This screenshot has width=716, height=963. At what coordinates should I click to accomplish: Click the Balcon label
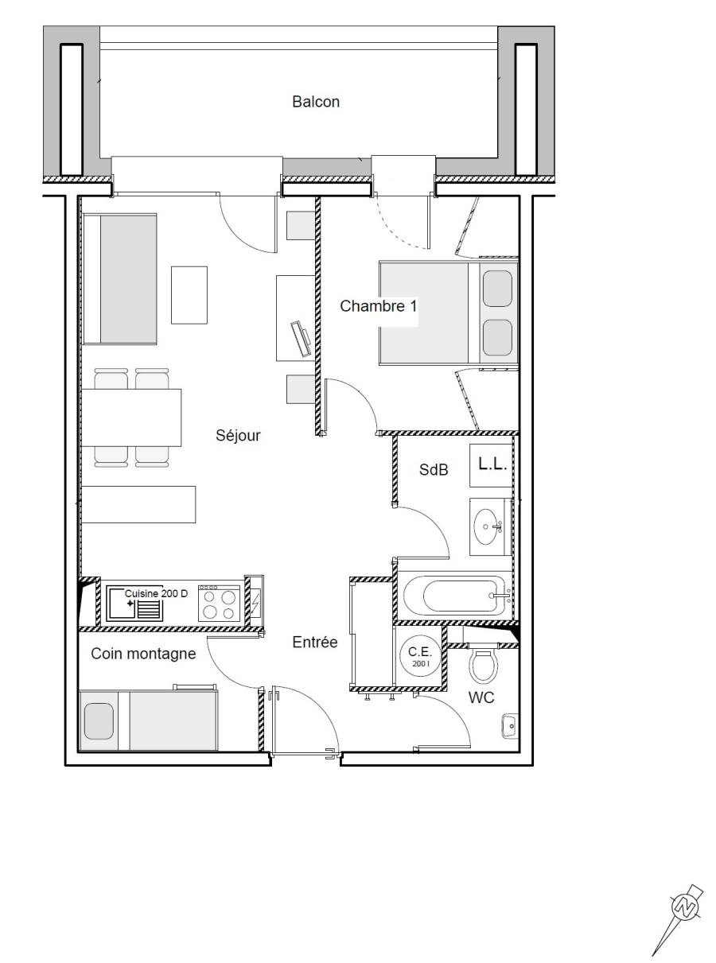(x=315, y=102)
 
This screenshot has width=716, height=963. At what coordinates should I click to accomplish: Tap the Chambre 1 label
(x=378, y=306)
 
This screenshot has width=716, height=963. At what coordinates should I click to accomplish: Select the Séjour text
(x=238, y=435)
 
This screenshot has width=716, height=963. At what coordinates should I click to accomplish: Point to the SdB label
(x=433, y=469)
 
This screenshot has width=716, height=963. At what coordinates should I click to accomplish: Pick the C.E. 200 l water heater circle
(x=420, y=656)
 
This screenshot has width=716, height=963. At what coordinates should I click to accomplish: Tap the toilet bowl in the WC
(x=484, y=666)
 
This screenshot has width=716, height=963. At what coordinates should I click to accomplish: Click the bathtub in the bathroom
(x=455, y=596)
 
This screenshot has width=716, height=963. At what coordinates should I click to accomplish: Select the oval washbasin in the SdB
(x=487, y=527)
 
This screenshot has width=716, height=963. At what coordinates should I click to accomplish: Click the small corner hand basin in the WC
(x=509, y=725)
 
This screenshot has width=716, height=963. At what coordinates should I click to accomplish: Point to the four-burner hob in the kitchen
(x=219, y=603)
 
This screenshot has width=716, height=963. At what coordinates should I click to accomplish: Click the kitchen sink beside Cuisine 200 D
(x=134, y=604)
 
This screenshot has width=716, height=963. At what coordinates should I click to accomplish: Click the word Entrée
(x=314, y=643)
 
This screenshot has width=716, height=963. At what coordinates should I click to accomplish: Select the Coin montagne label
(x=143, y=654)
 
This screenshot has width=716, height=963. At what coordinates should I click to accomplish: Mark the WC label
(x=481, y=697)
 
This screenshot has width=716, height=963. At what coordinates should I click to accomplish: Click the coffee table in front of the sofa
(x=189, y=295)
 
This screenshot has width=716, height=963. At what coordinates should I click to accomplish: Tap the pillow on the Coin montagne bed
(x=99, y=721)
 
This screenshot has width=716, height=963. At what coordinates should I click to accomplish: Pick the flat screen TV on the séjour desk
(x=302, y=338)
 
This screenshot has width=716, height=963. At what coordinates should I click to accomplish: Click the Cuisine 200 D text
(x=156, y=593)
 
